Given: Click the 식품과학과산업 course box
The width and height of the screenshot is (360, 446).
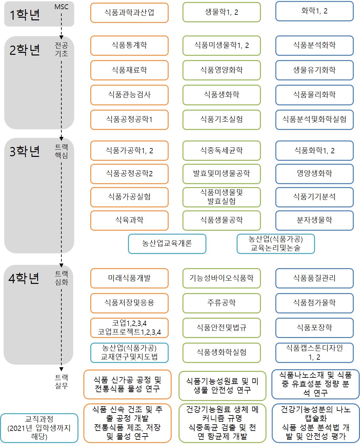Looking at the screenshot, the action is [129, 12].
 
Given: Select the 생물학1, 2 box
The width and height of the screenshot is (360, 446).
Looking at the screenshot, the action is [222, 12].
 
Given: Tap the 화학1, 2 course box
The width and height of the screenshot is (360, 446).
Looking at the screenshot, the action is [314, 11].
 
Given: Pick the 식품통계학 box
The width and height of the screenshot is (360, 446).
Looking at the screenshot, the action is [129, 45].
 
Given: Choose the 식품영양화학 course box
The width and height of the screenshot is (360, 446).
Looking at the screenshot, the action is [222, 70].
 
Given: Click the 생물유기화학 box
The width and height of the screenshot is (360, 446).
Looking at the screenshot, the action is [314, 70].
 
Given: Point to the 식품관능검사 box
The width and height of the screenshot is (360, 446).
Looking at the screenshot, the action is [129, 95].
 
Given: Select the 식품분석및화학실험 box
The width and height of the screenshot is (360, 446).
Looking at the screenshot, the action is [314, 119].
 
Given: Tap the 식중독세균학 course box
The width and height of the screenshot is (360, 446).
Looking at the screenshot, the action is [222, 150].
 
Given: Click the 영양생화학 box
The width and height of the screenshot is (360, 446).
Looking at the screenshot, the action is [314, 174].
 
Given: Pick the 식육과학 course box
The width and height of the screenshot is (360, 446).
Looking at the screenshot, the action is [129, 220].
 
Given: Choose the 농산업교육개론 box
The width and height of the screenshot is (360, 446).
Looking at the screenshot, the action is [167, 244].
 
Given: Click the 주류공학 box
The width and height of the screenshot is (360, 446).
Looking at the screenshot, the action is [222, 303].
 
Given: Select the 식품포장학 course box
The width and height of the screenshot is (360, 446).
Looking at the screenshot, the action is [314, 328].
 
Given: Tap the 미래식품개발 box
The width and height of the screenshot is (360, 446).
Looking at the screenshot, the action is [129, 278].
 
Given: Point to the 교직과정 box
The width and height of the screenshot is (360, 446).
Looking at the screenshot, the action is [39, 428].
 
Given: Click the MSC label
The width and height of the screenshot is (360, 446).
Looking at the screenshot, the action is [61, 7].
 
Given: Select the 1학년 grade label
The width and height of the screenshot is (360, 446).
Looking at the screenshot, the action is [25, 15].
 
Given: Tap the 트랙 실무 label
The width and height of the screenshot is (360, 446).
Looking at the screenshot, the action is [61, 381].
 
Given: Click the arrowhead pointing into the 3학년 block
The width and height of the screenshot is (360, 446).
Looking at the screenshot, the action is [61, 138].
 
